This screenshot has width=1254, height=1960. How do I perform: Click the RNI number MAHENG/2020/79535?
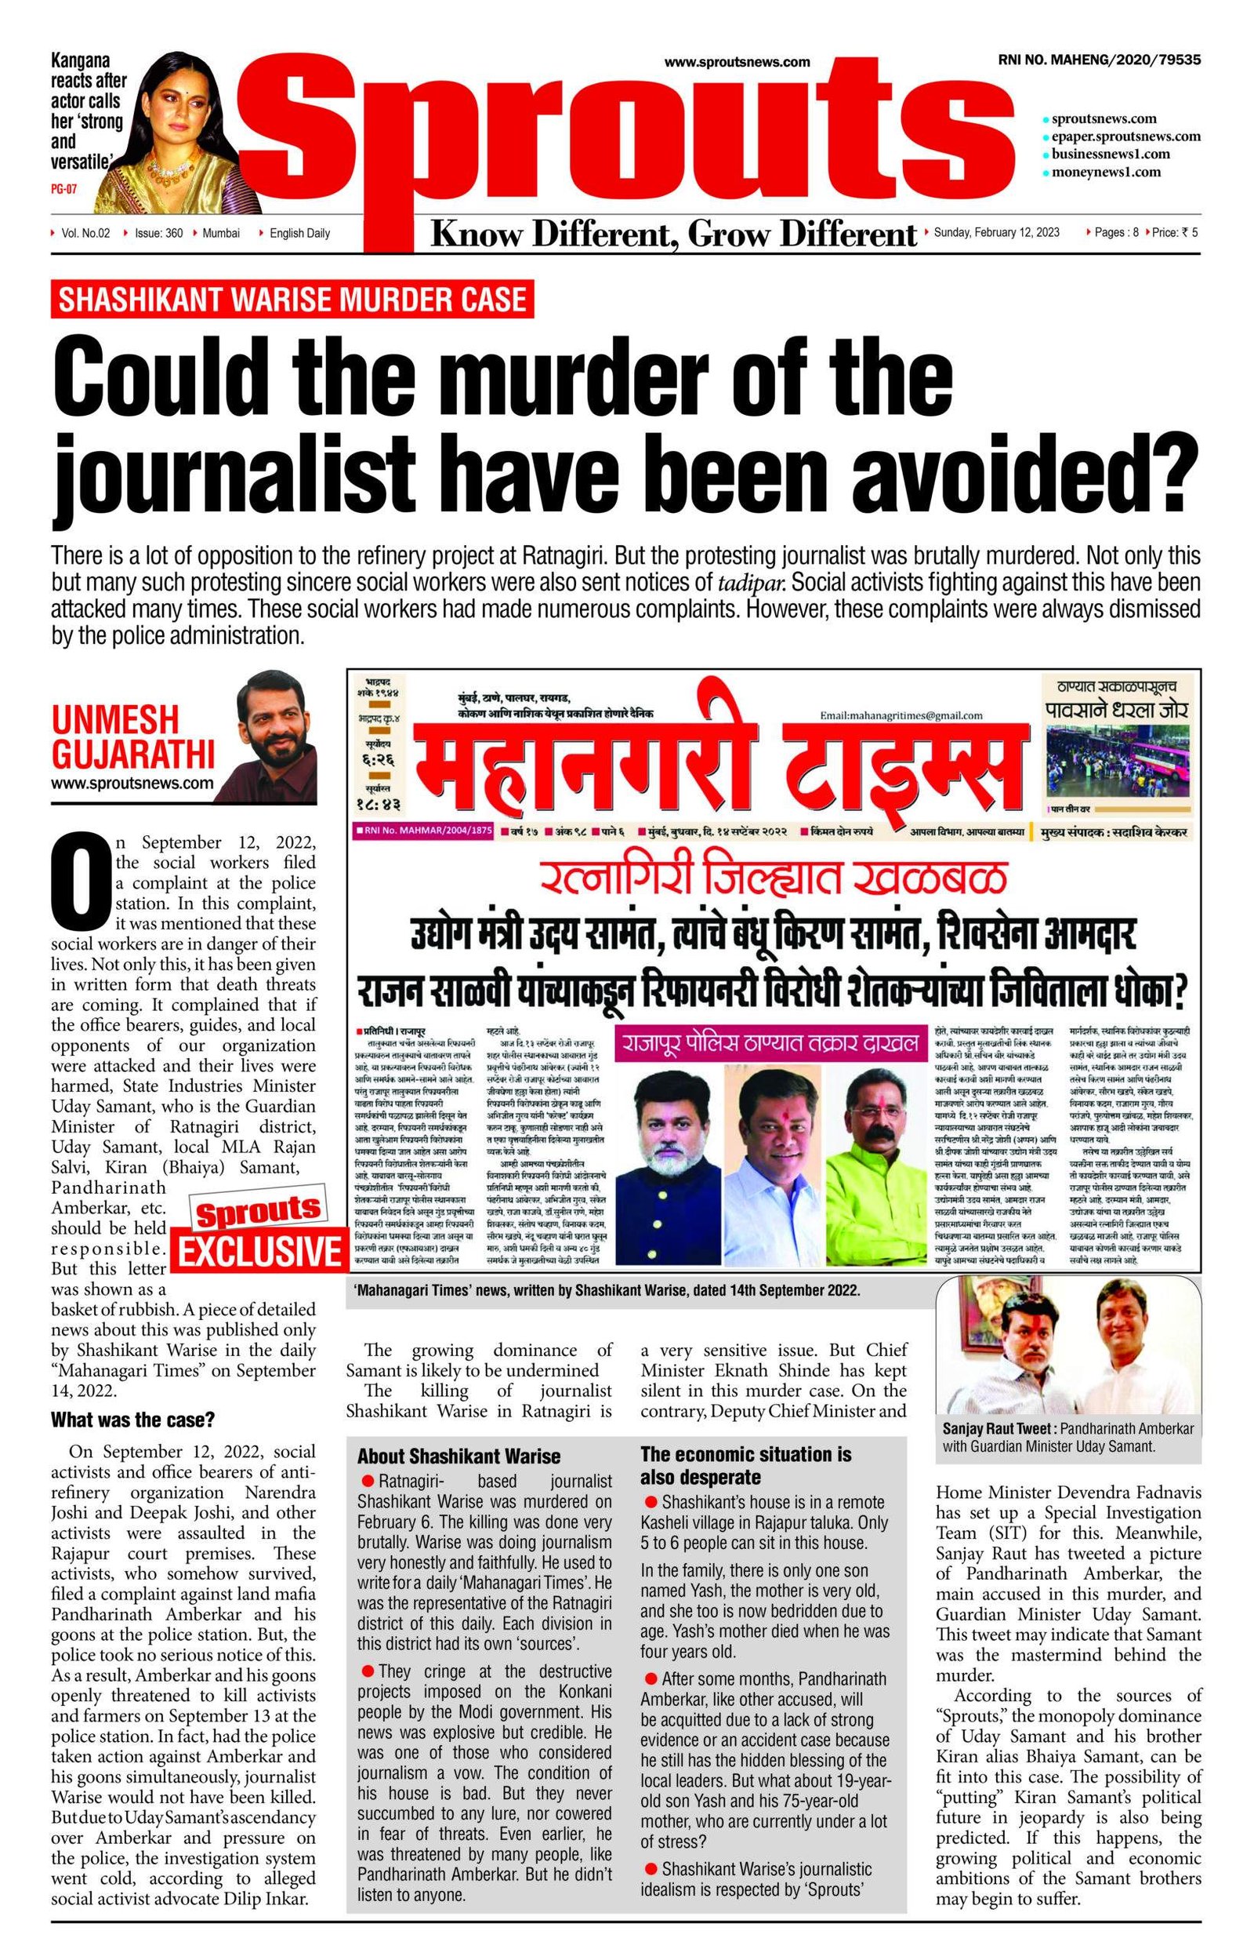pos(1099,60)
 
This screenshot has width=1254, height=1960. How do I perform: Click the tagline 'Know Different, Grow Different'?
pos(672,235)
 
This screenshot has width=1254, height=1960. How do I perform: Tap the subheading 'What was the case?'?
pos(132,1420)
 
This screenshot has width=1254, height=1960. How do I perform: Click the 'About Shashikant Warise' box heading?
pos(459,1456)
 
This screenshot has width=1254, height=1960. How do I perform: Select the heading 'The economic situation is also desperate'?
pos(746,1466)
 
